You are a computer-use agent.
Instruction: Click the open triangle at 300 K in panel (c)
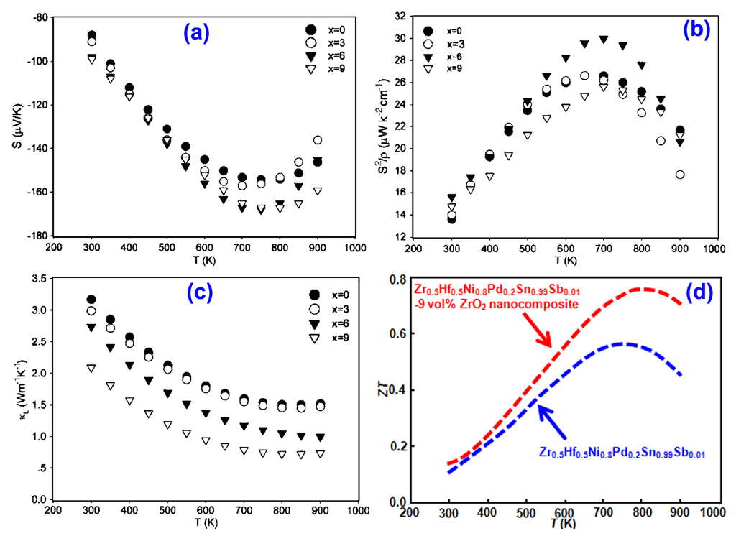pos(91,368)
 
